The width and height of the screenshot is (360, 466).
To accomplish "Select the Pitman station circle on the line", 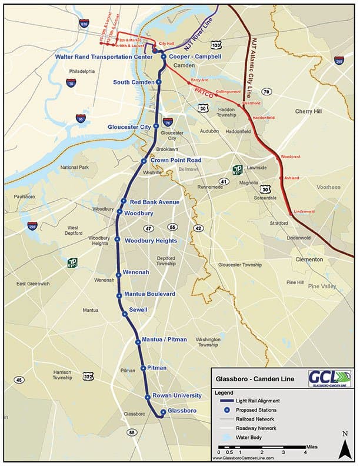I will point(143,368).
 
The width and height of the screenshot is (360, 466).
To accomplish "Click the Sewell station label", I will point(138,309).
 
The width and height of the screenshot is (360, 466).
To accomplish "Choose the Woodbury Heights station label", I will point(149,240).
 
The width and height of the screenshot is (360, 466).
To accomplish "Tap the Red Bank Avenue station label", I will point(154,202).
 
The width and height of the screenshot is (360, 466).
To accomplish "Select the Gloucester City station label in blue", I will point(129,127).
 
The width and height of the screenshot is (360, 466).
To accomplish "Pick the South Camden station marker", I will point(158,82).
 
